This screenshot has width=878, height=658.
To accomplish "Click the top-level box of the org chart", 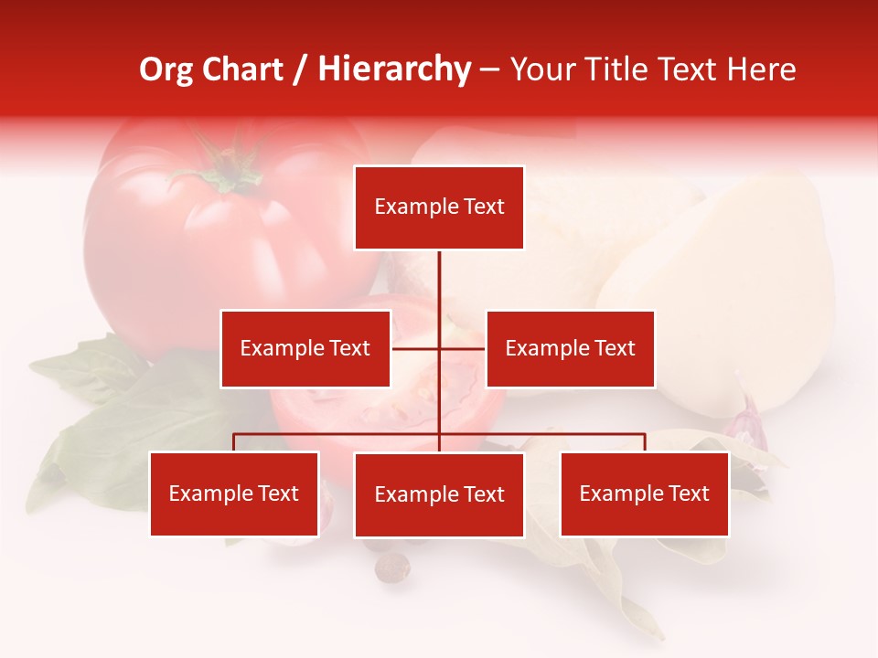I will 439,207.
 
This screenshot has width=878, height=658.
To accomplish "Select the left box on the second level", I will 305,348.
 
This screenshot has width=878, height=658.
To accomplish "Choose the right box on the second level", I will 570,348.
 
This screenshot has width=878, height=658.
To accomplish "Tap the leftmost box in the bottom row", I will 234,493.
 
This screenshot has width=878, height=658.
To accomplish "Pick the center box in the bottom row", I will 439,494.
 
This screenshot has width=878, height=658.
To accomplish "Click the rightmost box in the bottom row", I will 644,493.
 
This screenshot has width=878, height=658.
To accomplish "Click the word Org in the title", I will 166,69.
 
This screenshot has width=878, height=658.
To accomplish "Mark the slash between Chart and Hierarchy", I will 301,69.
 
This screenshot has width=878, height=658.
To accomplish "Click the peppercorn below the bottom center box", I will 392,568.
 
